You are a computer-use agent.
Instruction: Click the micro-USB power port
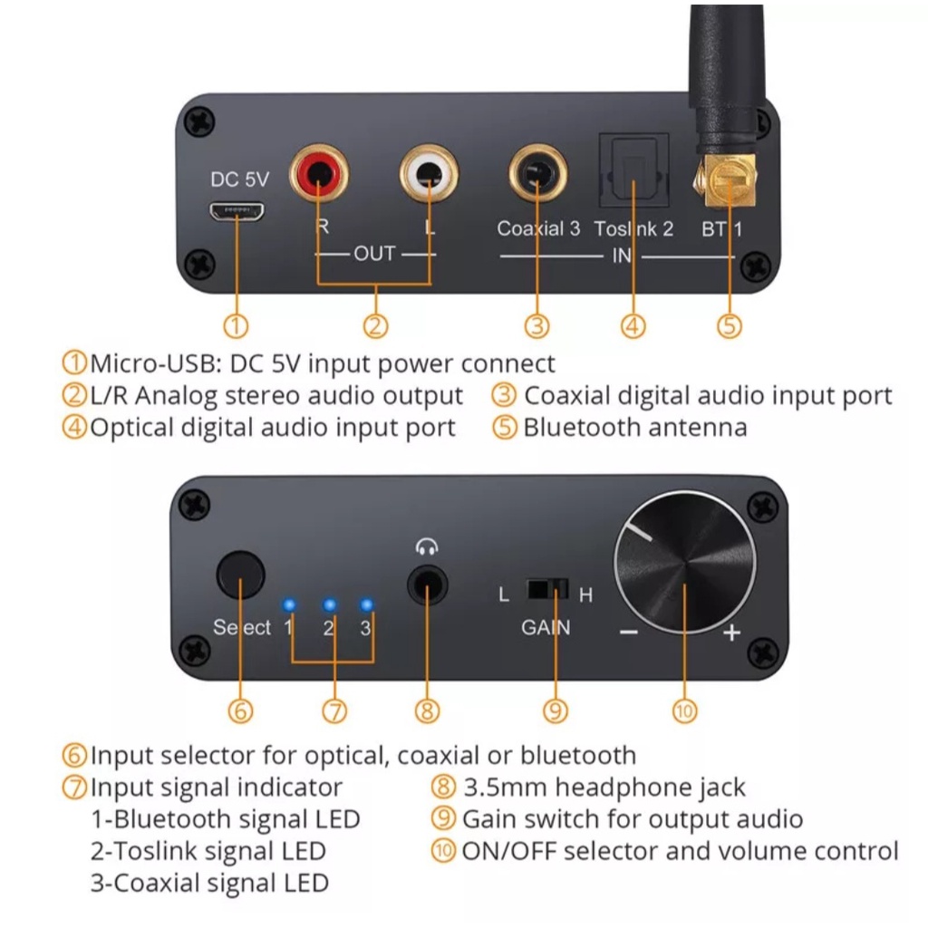tap(237, 212)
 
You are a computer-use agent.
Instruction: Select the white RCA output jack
tap(429, 173)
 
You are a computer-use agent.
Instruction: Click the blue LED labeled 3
tap(366, 604)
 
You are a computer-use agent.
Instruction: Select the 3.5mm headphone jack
tap(427, 585)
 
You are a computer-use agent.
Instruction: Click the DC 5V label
tap(239, 179)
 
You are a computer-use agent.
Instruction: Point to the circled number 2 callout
tap(376, 325)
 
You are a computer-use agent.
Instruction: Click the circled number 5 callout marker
tap(730, 325)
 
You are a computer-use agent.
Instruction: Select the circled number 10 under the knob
tap(684, 711)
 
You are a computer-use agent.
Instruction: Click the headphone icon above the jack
tap(426, 546)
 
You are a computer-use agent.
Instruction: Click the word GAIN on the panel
tap(546, 627)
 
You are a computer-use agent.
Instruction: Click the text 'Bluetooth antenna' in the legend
tap(634, 427)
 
